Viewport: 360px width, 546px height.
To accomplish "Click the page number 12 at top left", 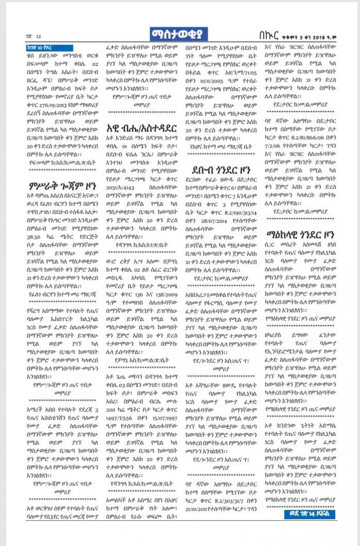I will (38, 36).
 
